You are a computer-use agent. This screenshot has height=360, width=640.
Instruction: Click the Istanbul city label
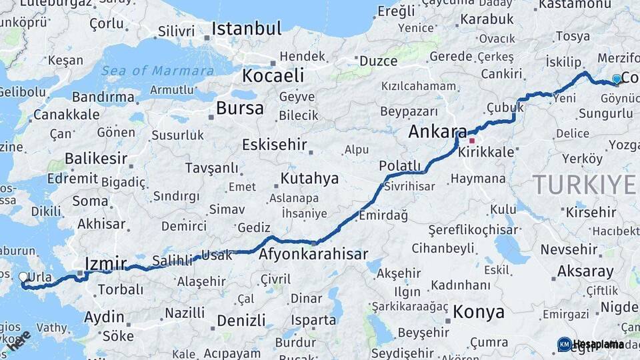tap(247, 29)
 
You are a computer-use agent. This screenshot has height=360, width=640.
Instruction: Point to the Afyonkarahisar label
tap(313, 254)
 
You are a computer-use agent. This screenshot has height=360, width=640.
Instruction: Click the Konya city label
tap(479, 311)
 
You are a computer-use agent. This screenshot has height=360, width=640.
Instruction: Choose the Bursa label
tap(240, 108)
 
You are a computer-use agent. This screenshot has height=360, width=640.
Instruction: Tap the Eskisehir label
tap(274, 145)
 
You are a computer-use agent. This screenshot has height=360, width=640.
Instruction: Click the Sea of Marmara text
tap(158, 71)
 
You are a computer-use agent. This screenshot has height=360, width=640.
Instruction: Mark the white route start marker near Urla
tap(23, 277)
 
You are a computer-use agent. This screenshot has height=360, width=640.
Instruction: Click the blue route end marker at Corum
tap(617, 79)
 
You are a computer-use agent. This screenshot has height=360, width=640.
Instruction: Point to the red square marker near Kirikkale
tap(472, 141)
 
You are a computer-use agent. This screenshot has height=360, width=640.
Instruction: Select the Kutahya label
tap(309, 179)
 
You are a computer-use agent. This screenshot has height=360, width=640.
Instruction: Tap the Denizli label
tap(241, 321)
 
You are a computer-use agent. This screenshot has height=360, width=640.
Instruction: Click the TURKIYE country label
tap(585, 183)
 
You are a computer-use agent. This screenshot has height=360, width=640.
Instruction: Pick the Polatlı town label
tap(400, 165)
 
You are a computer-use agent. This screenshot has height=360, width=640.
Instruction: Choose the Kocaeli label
tap(273, 75)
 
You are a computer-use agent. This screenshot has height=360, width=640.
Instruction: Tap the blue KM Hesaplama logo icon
tap(564, 344)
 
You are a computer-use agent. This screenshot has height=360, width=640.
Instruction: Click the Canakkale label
tap(66, 115)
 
